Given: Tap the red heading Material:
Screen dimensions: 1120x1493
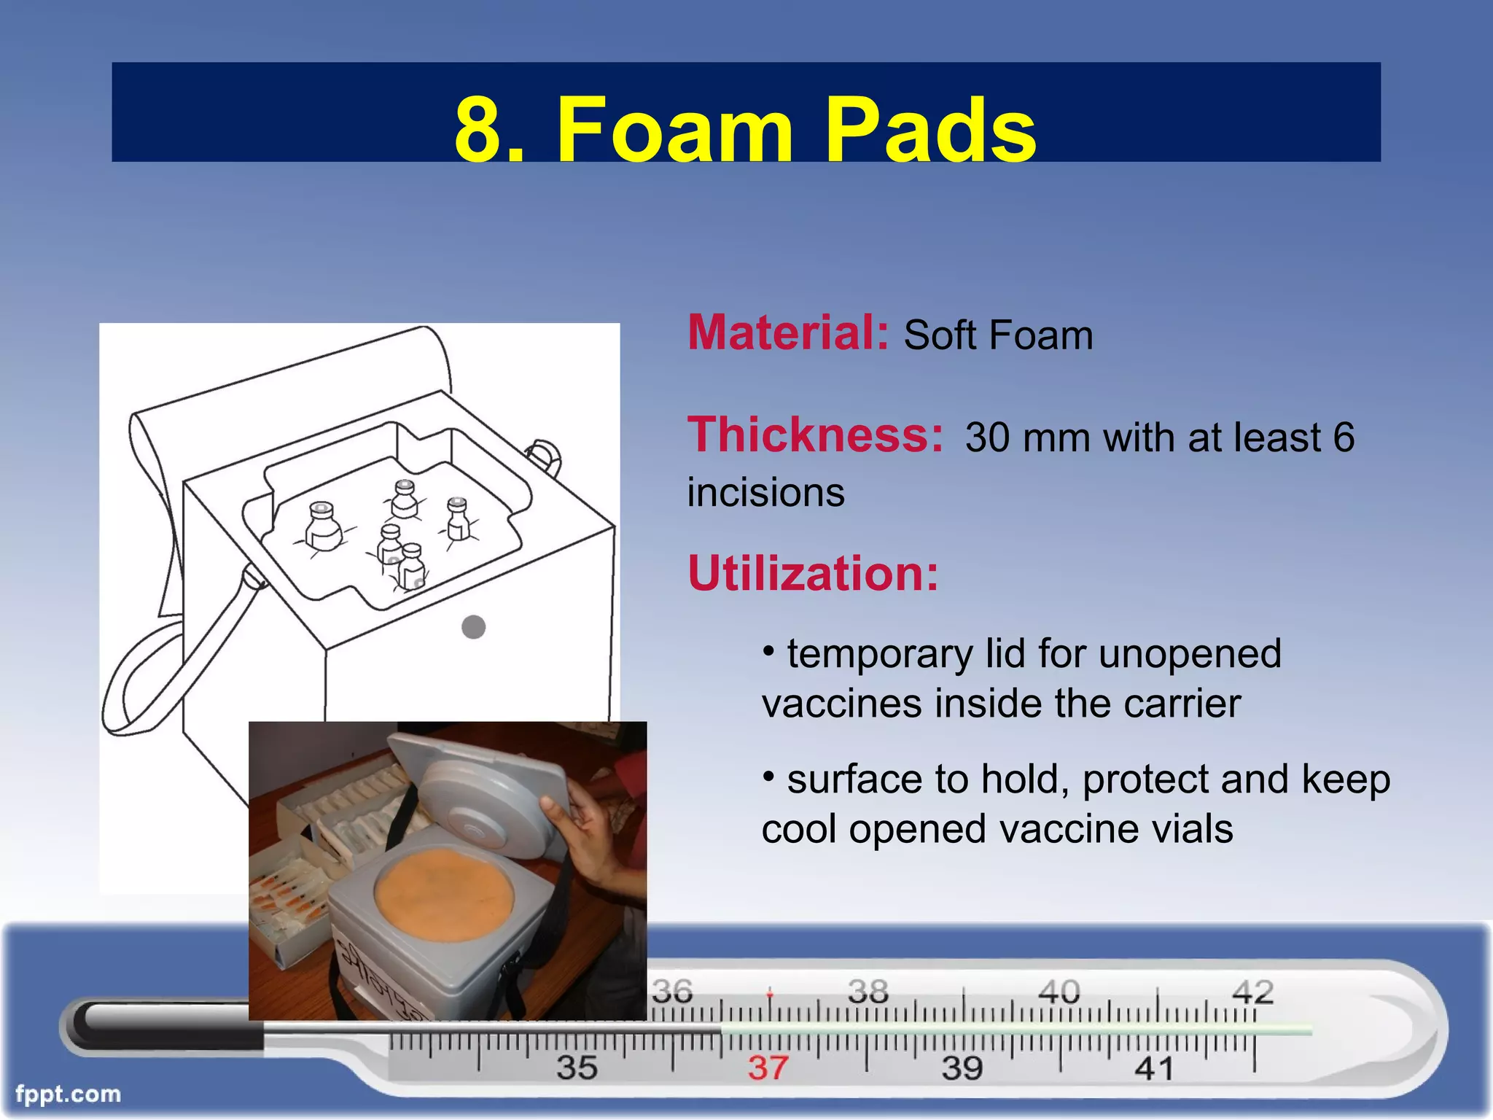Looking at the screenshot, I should click(x=788, y=332).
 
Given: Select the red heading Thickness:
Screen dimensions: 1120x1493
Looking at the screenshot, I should click(x=815, y=435).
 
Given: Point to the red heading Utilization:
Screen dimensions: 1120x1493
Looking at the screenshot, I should click(x=813, y=573).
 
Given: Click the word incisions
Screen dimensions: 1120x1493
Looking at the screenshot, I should click(x=765, y=492).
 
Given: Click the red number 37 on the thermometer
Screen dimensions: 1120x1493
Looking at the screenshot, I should click(x=767, y=1068).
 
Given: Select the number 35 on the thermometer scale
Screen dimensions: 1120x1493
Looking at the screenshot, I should click(x=577, y=1068).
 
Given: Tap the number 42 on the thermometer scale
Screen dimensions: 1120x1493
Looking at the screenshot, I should click(x=1252, y=992).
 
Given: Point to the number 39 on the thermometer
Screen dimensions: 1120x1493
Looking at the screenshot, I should click(x=962, y=1068).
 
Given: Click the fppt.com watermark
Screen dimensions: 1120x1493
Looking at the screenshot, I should click(x=68, y=1094).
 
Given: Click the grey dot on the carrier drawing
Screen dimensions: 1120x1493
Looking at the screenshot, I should click(x=474, y=627).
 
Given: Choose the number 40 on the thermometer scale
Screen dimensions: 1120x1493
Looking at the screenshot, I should click(x=1059, y=992).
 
